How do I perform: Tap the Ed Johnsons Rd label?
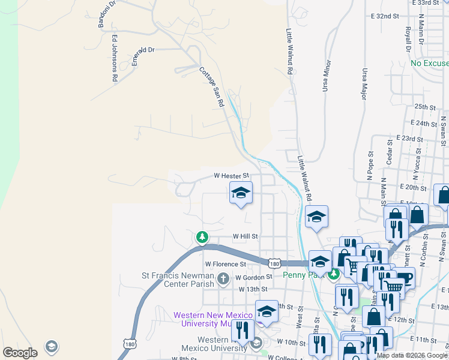[114, 58]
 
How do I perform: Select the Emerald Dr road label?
[143, 50]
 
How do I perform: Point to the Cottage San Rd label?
[212, 86]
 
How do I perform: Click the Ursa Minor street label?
[327, 74]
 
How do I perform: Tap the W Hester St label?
[232, 176]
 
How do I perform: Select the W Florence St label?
[226, 263]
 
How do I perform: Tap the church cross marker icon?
[223, 278]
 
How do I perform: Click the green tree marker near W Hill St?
[203, 237]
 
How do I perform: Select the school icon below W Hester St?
[241, 193]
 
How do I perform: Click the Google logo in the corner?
[20, 353]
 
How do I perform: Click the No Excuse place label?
[430, 63]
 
